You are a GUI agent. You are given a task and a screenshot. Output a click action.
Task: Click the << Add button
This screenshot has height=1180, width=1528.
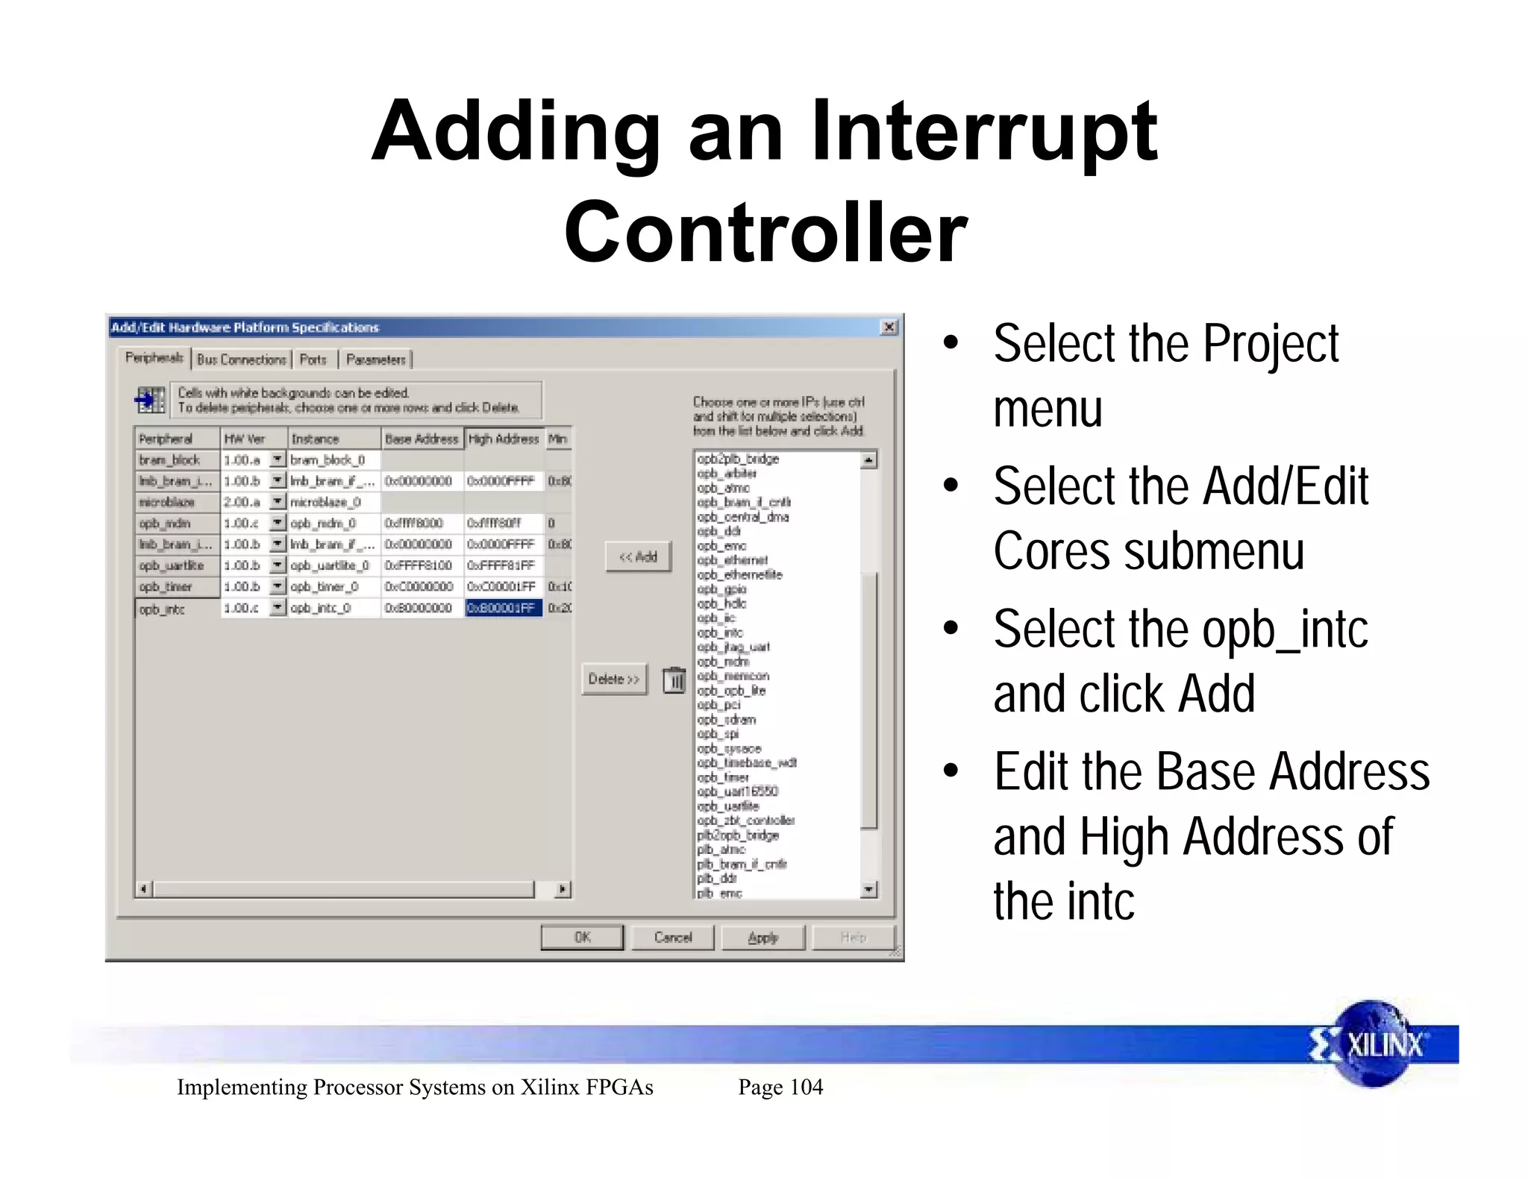[638, 556]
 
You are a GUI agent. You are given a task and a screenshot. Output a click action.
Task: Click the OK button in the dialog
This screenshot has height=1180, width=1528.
[582, 938]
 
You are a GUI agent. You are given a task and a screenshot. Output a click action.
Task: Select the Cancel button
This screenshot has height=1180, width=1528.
[673, 938]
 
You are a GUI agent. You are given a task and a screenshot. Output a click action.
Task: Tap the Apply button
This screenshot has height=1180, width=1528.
[763, 938]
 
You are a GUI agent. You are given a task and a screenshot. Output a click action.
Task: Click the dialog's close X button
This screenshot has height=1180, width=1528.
[889, 327]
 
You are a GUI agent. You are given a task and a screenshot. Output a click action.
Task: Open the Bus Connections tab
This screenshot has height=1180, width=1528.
[242, 360]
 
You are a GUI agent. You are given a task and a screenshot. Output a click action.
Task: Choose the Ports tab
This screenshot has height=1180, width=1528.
[313, 360]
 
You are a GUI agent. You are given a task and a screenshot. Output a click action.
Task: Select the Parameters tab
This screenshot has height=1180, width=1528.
[376, 360]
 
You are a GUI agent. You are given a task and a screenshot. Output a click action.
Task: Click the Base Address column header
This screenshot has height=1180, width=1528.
[422, 439]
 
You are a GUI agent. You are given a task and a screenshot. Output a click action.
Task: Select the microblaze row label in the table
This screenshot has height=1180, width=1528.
[167, 502]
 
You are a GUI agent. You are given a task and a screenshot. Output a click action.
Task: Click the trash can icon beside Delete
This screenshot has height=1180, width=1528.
[674, 680]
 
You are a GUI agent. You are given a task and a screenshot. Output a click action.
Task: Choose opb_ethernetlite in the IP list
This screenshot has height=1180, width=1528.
[739, 574]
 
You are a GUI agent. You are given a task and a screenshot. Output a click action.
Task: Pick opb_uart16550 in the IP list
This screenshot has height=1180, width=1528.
[737, 791]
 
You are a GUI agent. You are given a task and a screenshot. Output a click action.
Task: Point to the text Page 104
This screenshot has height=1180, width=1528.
[780, 1087]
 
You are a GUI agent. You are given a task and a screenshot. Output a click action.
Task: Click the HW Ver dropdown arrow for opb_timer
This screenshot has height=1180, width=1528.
[277, 586]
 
